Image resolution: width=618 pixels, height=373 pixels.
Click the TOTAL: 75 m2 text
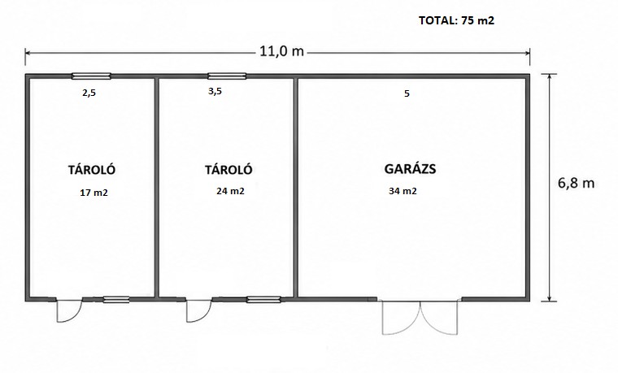pyautogui.click(x=456, y=20)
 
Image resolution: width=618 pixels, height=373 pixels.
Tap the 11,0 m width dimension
pyautogui.click(x=281, y=51)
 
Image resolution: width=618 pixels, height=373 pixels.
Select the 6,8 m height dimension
pyautogui.click(x=576, y=183)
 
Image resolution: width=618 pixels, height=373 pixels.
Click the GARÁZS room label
pyautogui.click(x=410, y=168)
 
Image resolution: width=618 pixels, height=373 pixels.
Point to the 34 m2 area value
pyautogui.click(x=403, y=191)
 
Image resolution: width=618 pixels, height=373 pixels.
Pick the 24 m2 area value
pyautogui.click(x=230, y=191)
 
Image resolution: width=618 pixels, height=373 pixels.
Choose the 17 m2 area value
pyautogui.click(x=94, y=193)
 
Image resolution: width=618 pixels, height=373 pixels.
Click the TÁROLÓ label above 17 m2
pyautogui.click(x=92, y=170)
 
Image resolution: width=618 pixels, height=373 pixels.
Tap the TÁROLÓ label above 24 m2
pyautogui.click(x=228, y=170)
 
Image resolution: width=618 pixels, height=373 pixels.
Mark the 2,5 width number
pyautogui.click(x=89, y=93)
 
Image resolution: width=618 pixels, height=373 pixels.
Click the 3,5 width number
pyautogui.click(x=215, y=91)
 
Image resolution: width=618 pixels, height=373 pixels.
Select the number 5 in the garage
pyautogui.click(x=407, y=93)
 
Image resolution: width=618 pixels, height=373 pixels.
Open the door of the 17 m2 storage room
pyautogui.click(x=69, y=311)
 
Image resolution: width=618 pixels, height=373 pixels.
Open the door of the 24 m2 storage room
pyautogui.click(x=198, y=311)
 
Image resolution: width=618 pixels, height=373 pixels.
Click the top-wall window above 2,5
pyautogui.click(x=91, y=76)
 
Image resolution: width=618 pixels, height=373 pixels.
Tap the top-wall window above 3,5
pyautogui.click(x=227, y=76)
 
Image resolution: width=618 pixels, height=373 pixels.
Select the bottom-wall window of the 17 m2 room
pyautogui.click(x=116, y=300)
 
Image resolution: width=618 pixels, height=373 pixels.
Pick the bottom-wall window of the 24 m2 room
pyautogui.click(x=263, y=300)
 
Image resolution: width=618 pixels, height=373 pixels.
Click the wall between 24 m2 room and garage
pyautogui.click(x=295, y=188)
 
